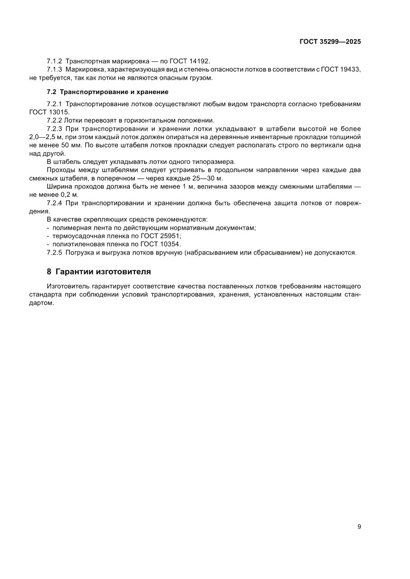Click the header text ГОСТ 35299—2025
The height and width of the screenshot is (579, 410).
pos(330,42)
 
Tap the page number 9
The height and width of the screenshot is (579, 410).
pos(359,526)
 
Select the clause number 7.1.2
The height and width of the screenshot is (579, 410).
pos(55,61)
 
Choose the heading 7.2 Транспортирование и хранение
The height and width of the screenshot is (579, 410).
pos(107,92)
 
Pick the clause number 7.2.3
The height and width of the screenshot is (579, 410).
pos(55,128)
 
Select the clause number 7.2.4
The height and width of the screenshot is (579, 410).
pos(55,203)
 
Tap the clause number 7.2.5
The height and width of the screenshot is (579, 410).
pos(55,253)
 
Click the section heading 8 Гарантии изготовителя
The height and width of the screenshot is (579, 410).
pos(99,271)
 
